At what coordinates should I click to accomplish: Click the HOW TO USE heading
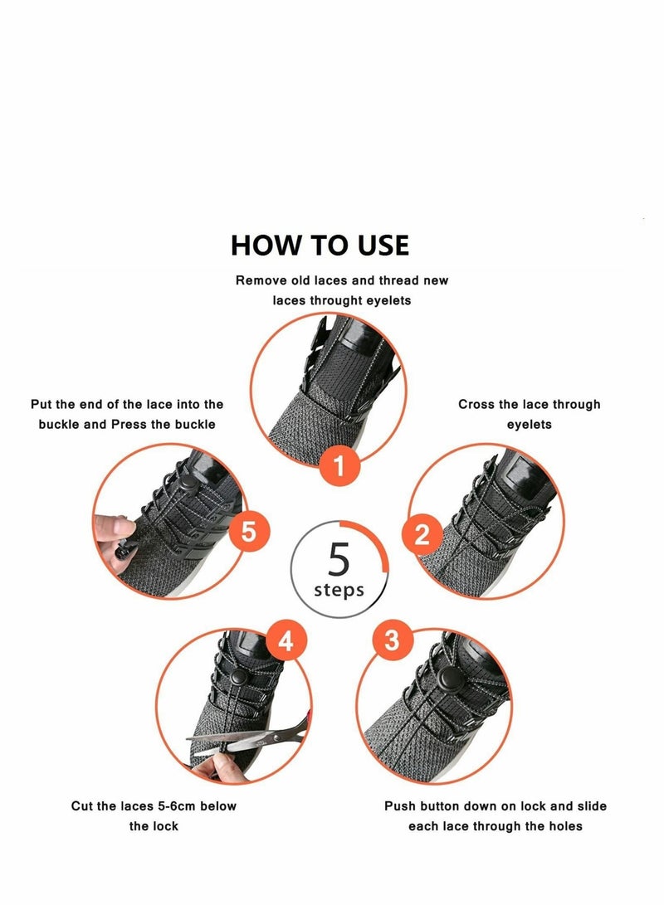point(320,246)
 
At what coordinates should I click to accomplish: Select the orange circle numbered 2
point(422,535)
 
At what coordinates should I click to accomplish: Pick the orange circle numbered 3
point(393,640)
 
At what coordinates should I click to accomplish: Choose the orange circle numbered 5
point(248,532)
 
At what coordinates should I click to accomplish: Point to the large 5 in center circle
point(339,561)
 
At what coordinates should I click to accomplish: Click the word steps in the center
point(339,591)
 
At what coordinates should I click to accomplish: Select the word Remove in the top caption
point(261,280)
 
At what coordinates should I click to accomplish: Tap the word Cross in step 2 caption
point(476,404)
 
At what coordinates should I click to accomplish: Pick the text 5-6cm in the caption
point(176,805)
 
